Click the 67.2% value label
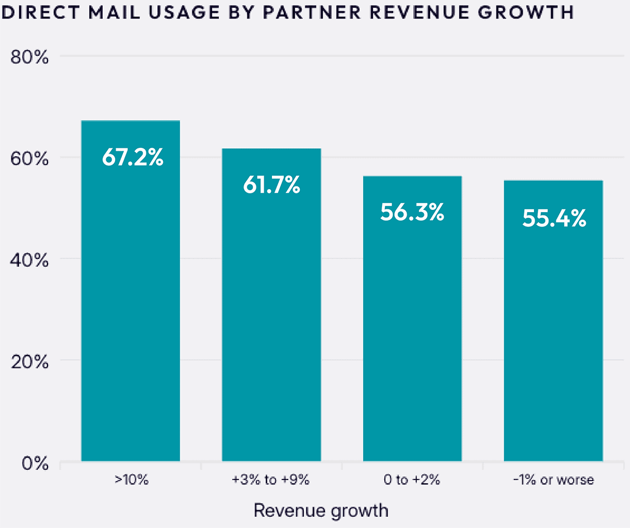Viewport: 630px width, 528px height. tap(133, 157)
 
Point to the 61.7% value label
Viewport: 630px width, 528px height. tap(271, 185)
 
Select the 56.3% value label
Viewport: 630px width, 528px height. tap(412, 212)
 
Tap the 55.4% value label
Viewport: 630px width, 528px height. tap(554, 218)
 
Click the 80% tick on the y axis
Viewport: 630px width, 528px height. tap(30, 57)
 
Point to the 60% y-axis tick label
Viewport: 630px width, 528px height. tap(30, 159)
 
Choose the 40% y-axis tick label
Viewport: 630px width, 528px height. tap(30, 260)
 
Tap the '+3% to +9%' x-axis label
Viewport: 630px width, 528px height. tap(271, 479)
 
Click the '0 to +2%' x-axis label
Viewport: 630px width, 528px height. tap(412, 479)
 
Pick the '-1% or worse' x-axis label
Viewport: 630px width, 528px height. tap(553, 479)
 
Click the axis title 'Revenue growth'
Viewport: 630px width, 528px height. tap(321, 510)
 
